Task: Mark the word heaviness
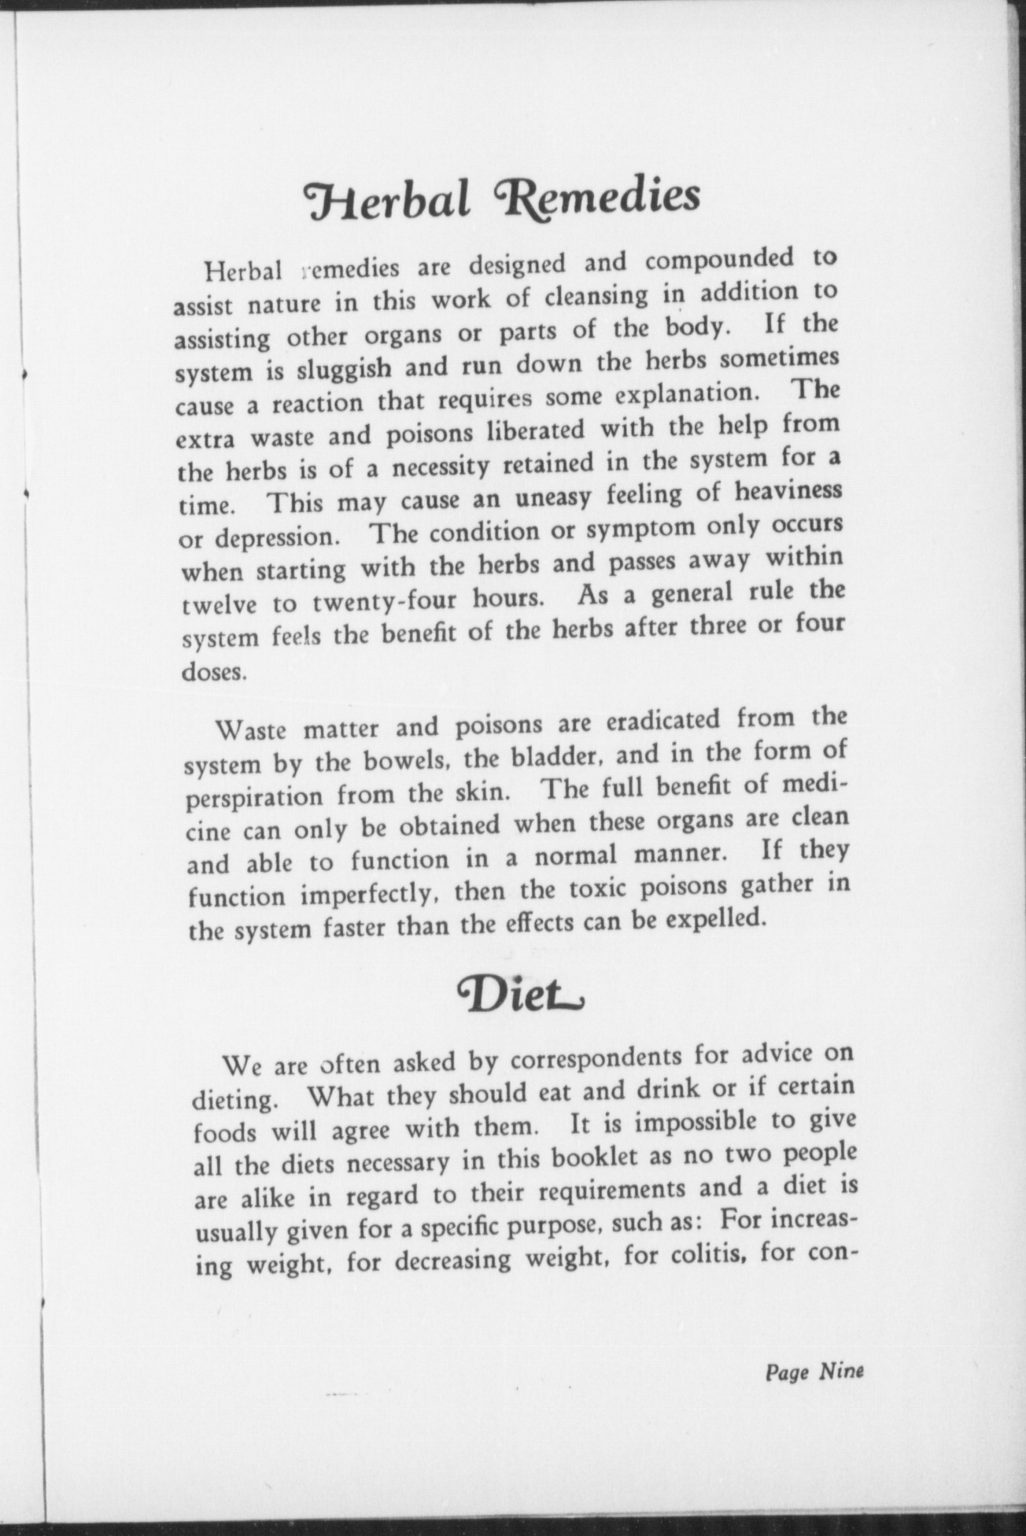click(788, 492)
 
